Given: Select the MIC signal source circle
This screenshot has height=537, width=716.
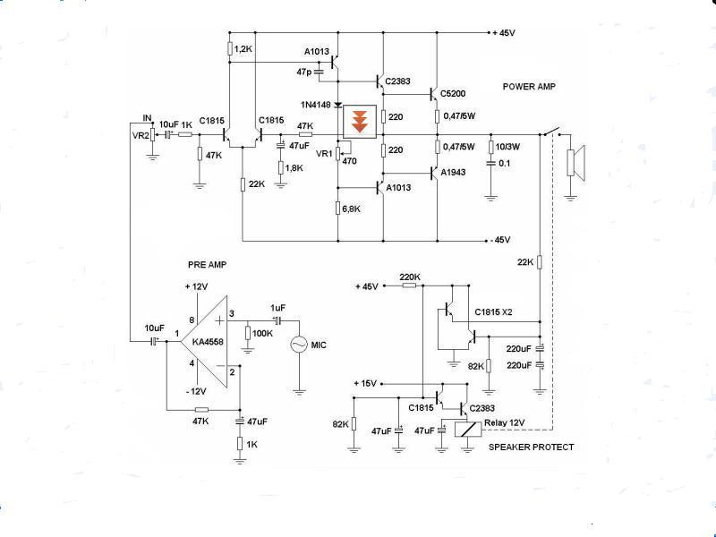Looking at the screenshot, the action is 299,345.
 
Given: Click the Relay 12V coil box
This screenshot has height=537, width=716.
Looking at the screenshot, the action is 468,430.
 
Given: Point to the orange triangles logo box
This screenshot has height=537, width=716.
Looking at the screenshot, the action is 360,122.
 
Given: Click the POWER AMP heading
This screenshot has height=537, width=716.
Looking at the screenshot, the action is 529,86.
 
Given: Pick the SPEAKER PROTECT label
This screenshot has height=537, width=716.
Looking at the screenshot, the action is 531,447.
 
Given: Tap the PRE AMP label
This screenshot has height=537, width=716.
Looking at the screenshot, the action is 207,264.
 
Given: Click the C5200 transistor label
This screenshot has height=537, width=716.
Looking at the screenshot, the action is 453,94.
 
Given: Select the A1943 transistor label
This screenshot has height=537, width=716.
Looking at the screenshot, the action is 453,172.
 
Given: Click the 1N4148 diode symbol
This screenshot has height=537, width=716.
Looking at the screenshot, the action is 338,105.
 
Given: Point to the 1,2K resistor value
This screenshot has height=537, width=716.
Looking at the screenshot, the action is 243,48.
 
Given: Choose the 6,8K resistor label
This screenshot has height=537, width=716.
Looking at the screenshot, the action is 351,209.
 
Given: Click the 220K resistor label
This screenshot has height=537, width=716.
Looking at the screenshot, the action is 410,277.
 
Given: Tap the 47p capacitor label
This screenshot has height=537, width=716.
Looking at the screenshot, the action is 303,72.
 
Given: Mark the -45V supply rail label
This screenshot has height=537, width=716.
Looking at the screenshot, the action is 500,240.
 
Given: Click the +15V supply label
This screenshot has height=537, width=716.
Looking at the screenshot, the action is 365,383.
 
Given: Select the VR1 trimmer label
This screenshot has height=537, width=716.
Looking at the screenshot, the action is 324,153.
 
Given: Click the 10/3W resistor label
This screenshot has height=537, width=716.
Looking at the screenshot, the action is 507,147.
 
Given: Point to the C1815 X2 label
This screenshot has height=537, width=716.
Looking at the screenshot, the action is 493,311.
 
